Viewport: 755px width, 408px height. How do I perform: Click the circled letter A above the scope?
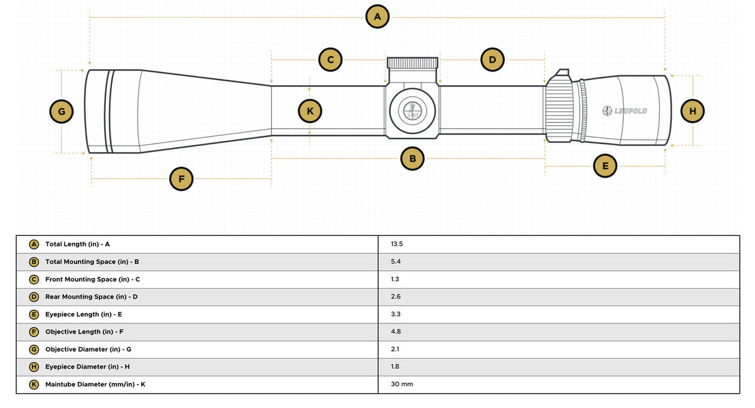pyautogui.click(x=377, y=17)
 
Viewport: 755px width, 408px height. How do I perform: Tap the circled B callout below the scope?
pyautogui.click(x=412, y=158)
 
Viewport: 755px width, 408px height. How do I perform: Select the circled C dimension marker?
pyautogui.click(x=330, y=60)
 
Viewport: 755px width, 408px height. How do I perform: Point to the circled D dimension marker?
pyautogui.click(x=492, y=60)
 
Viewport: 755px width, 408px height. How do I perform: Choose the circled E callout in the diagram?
pyautogui.click(x=604, y=166)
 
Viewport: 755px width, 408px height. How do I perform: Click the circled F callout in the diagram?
pyautogui.click(x=181, y=179)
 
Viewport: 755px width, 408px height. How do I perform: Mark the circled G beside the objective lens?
pyautogui.click(x=61, y=112)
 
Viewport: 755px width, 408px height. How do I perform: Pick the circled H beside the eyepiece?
pyautogui.click(x=692, y=111)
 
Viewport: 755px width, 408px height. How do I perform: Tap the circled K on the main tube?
pyautogui.click(x=310, y=111)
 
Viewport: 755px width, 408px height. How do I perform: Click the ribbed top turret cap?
pyautogui.click(x=413, y=62)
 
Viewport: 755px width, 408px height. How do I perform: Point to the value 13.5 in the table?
pyautogui.click(x=397, y=244)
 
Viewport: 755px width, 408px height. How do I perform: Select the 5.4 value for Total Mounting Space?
pyautogui.click(x=396, y=261)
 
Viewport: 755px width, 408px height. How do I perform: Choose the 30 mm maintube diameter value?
pyautogui.click(x=402, y=384)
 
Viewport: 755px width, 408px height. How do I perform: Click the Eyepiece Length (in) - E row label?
pyautogui.click(x=83, y=314)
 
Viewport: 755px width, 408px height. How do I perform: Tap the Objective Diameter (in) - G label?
pyautogui.click(x=88, y=349)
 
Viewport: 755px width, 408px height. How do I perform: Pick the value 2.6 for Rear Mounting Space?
pyautogui.click(x=396, y=297)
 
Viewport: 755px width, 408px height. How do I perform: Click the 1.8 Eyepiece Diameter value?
pyautogui.click(x=396, y=366)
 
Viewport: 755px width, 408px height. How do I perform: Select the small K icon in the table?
pyautogui.click(x=34, y=384)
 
